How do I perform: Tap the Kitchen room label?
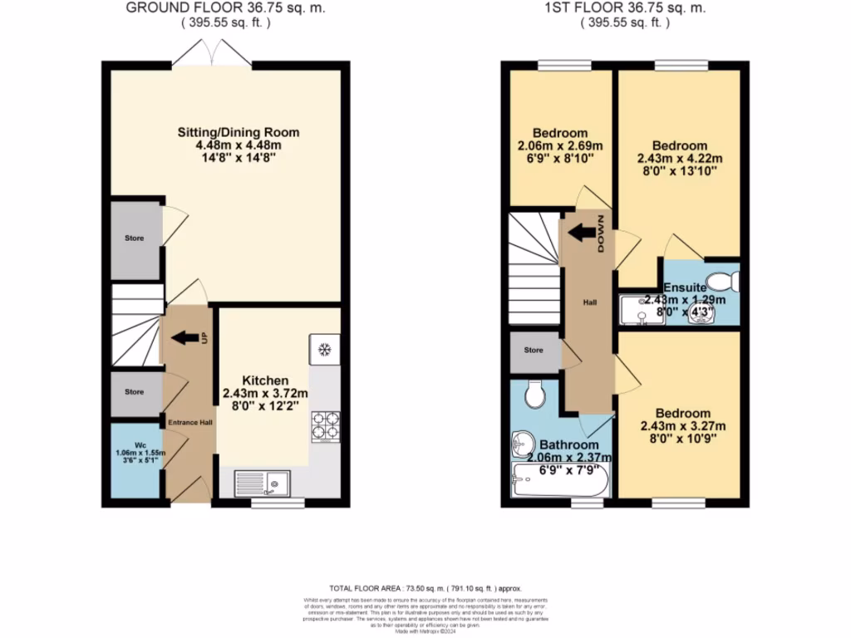click(x=266, y=380)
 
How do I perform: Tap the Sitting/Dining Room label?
click(x=239, y=132)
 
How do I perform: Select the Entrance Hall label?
click(x=190, y=423)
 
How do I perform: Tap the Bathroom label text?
click(x=569, y=444)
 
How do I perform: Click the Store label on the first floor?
click(x=534, y=350)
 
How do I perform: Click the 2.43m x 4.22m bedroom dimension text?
click(x=680, y=159)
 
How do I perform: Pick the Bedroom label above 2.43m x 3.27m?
click(x=682, y=413)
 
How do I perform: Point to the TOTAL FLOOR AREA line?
click(x=424, y=586)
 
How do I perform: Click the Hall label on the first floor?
click(x=590, y=302)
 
